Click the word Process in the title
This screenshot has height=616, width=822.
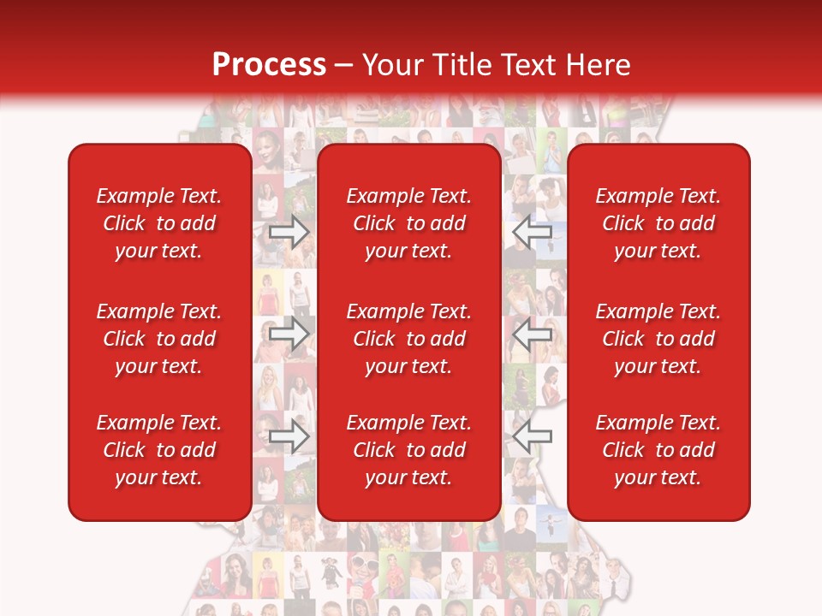click(x=269, y=65)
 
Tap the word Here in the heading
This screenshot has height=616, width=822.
click(x=597, y=65)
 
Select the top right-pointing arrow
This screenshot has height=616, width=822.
click(x=289, y=232)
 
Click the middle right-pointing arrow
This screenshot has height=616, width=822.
click(x=289, y=334)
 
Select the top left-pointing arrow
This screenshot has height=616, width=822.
click(x=532, y=232)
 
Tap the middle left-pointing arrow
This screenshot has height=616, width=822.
click(x=532, y=334)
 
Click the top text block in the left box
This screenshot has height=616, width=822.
click(x=159, y=223)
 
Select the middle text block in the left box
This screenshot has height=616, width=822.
click(x=159, y=339)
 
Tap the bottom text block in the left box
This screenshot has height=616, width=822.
click(x=159, y=450)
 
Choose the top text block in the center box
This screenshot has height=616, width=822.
click(x=409, y=223)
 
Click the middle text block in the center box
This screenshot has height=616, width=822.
click(x=409, y=339)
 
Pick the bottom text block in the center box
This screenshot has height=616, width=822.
click(x=409, y=450)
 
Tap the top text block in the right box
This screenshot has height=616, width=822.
click(x=658, y=223)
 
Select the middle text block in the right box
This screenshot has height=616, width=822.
click(x=658, y=339)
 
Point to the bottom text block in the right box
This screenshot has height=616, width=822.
click(x=658, y=450)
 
